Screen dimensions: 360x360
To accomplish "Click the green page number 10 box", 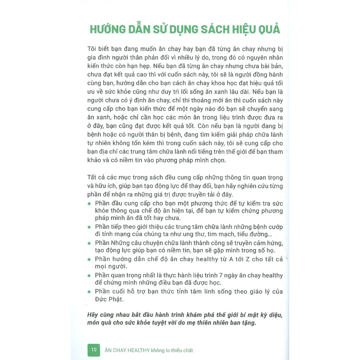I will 94,349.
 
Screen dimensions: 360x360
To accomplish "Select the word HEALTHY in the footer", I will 139,350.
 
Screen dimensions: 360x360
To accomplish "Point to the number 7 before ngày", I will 229,275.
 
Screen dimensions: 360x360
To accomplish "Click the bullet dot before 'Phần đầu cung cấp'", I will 89,204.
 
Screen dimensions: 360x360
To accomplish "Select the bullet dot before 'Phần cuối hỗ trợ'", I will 89,292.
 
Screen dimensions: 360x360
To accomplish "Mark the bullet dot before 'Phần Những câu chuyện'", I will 89,243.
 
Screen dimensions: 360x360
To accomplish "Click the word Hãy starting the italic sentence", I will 93,315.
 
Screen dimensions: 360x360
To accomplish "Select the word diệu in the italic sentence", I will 274,315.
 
